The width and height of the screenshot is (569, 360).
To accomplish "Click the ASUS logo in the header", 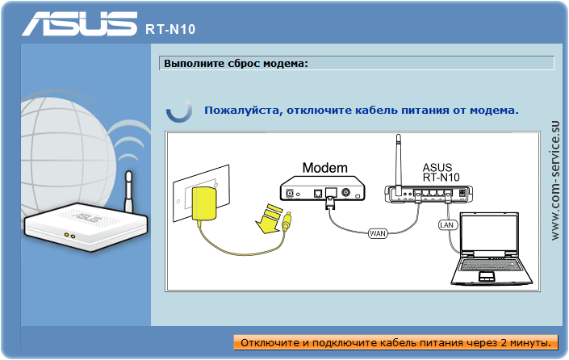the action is pos(79,23).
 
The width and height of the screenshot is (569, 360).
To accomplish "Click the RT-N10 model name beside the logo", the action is pos(170,29).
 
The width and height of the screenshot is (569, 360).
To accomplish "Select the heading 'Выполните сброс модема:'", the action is pos(236,64).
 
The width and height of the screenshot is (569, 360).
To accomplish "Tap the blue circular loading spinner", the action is pos(179,111).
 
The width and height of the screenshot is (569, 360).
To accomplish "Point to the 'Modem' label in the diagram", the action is pos(324,168).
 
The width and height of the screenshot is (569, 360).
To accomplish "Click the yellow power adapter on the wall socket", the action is pos(204,203).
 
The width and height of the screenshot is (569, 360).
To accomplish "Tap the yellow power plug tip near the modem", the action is pos(287,222).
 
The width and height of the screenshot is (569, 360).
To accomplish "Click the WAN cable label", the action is pos(378,233).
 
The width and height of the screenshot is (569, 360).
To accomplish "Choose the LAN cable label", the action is pos(446,225).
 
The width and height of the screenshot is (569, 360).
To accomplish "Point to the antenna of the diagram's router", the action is pos(399,161).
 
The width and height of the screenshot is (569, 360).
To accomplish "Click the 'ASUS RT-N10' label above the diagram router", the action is pos(441,173).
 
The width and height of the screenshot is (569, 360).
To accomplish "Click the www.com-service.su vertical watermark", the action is pos(554,180).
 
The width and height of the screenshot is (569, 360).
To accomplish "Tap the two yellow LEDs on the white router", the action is pos(69,236).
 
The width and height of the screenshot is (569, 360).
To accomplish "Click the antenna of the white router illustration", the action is pos(128,192).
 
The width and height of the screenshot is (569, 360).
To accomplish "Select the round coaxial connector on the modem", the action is pos(345,192).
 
